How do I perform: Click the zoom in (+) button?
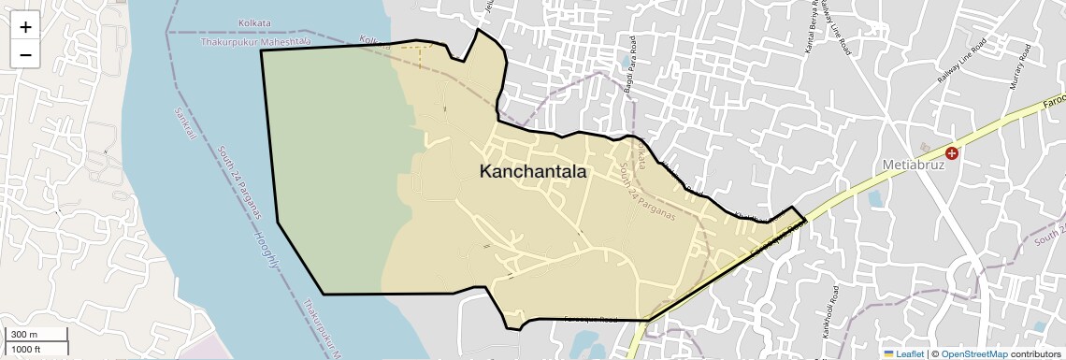click(25, 27)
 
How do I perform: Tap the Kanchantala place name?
click(533, 172)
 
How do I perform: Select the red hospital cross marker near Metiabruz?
click(952, 152)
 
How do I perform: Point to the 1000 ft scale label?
click(25, 349)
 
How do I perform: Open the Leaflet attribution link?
click(902, 353)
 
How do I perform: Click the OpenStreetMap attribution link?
click(973, 353)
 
